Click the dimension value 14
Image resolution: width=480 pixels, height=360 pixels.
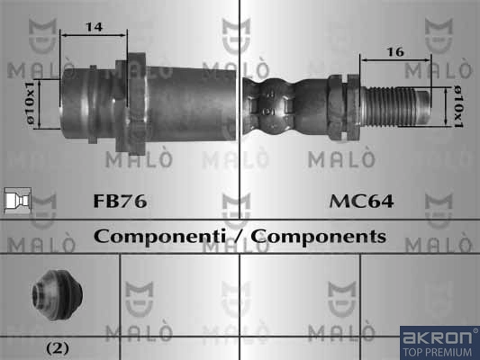click(x=94, y=27)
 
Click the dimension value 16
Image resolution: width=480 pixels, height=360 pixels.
click(x=395, y=52)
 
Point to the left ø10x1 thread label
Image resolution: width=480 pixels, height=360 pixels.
click(x=31, y=103)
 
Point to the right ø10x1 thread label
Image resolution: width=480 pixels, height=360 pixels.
click(x=457, y=106)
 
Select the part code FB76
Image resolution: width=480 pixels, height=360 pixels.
click(x=120, y=202)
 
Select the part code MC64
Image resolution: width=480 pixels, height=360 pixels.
click(x=361, y=202)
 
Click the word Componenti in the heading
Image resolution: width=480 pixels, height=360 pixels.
click(x=159, y=237)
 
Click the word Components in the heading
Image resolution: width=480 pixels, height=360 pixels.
click(x=319, y=237)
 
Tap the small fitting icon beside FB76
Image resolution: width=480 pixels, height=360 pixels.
click(x=18, y=201)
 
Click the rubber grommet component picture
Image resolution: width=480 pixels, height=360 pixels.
click(x=58, y=295)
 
